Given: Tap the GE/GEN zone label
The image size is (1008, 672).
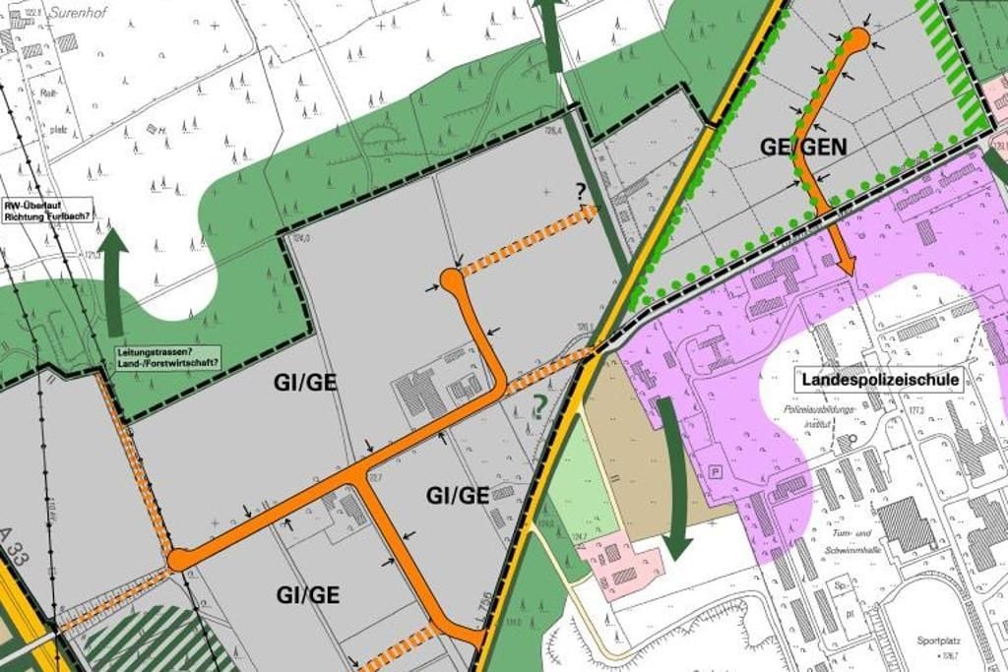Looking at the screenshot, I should coord(803,147).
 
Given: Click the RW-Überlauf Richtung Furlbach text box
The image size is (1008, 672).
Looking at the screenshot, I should coord(47,210).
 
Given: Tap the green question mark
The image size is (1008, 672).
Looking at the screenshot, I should coord(538,404).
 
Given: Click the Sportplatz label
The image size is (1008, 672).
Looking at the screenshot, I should coord(935,640).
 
